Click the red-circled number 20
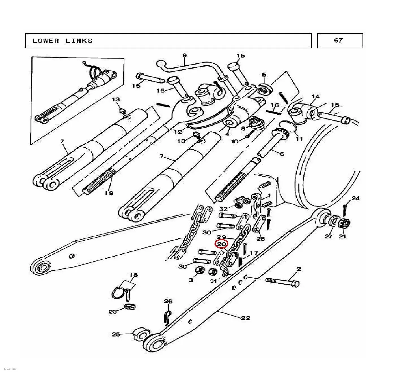pyautogui.click(x=221, y=244)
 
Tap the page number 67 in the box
pyautogui.click(x=338, y=40)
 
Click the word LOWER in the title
pyautogui.click(x=46, y=41)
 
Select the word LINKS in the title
pyautogui.click(x=79, y=41)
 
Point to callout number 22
pyautogui.click(x=245, y=318)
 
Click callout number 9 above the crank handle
pyautogui.click(x=184, y=55)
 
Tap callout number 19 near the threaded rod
pyautogui.click(x=109, y=193)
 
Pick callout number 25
pyautogui.click(x=116, y=334)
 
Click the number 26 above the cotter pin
pyautogui.click(x=168, y=301)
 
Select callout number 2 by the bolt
pyautogui.click(x=299, y=269)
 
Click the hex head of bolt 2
pyautogui.click(x=295, y=284)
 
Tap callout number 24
pyautogui.click(x=355, y=198)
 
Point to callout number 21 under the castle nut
pyautogui.click(x=342, y=236)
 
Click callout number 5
pyautogui.click(x=264, y=75)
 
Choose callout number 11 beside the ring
pyautogui.click(x=299, y=139)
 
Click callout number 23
pyautogui.click(x=113, y=312)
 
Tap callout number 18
pyautogui.click(x=134, y=275)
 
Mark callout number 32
pyautogui.click(x=223, y=209)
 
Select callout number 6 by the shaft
pyautogui.click(x=282, y=154)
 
